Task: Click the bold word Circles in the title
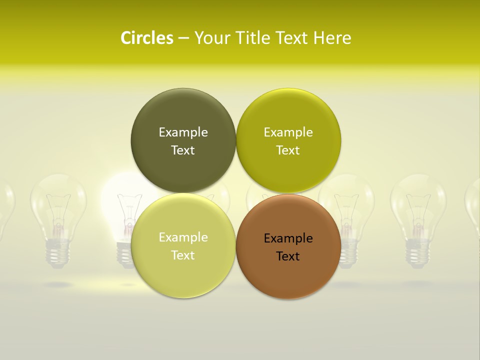click(x=146, y=38)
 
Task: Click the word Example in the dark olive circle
click(x=183, y=132)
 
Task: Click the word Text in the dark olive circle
click(x=183, y=150)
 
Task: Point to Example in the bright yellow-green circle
click(x=288, y=132)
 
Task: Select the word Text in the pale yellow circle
click(x=183, y=255)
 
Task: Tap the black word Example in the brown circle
click(x=288, y=238)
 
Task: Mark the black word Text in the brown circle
click(x=288, y=256)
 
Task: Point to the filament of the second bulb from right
click(x=418, y=210)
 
